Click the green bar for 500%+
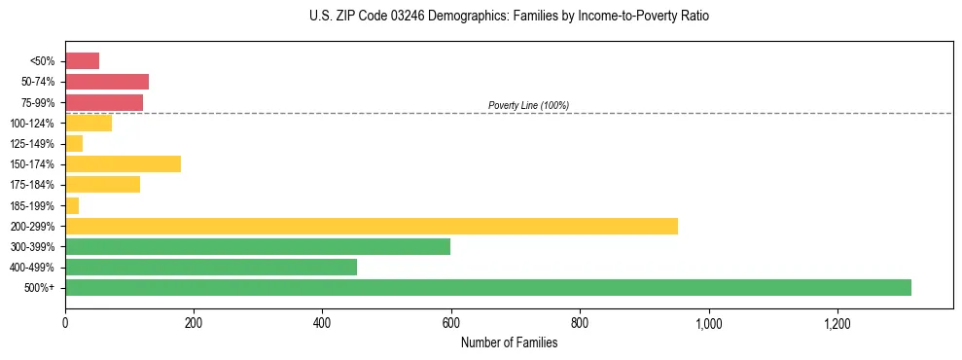[x=487, y=287]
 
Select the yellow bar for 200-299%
[x=371, y=226]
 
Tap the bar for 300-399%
[x=257, y=246]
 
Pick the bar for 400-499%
[x=210, y=267]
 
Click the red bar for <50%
[x=82, y=61]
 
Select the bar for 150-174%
[x=123, y=163]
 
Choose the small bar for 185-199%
[x=72, y=205]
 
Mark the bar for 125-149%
[x=74, y=143]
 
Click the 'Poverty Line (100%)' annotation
[x=528, y=105]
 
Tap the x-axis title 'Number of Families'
[x=509, y=342]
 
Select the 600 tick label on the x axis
[x=450, y=322]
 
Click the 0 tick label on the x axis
[x=65, y=322]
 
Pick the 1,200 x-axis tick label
[x=837, y=322]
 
